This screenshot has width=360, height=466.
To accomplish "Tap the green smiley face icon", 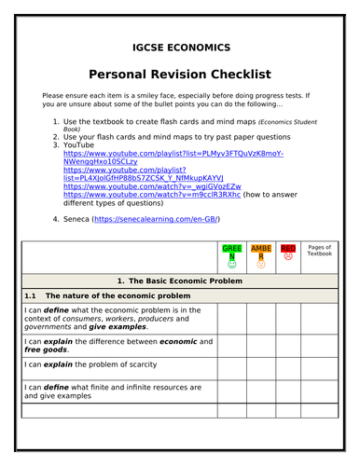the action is [x=232, y=264].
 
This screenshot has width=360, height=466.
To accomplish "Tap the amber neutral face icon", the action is [x=261, y=264].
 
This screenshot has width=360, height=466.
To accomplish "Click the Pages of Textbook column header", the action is [x=319, y=252].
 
